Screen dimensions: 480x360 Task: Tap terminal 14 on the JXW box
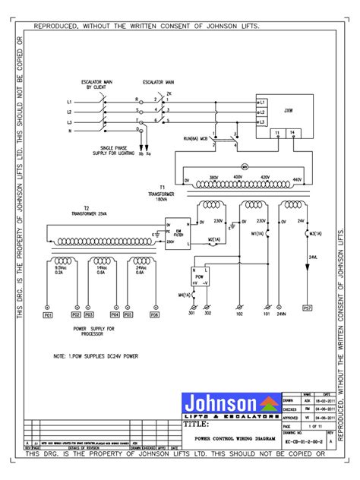point(292,132)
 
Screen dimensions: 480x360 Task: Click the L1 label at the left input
point(69,101)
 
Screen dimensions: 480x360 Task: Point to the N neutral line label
point(69,131)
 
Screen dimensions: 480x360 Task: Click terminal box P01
point(46,314)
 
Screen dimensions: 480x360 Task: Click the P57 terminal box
point(308,309)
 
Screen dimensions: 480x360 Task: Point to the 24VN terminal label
point(281,312)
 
